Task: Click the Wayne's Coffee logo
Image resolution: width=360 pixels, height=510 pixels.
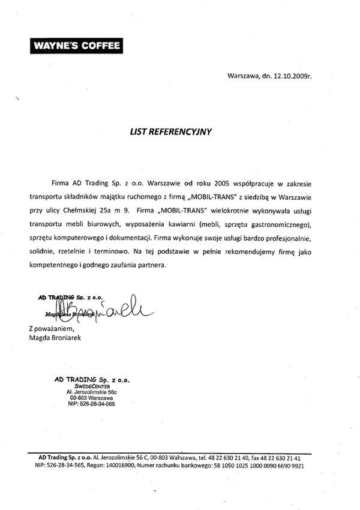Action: click(74, 45)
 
